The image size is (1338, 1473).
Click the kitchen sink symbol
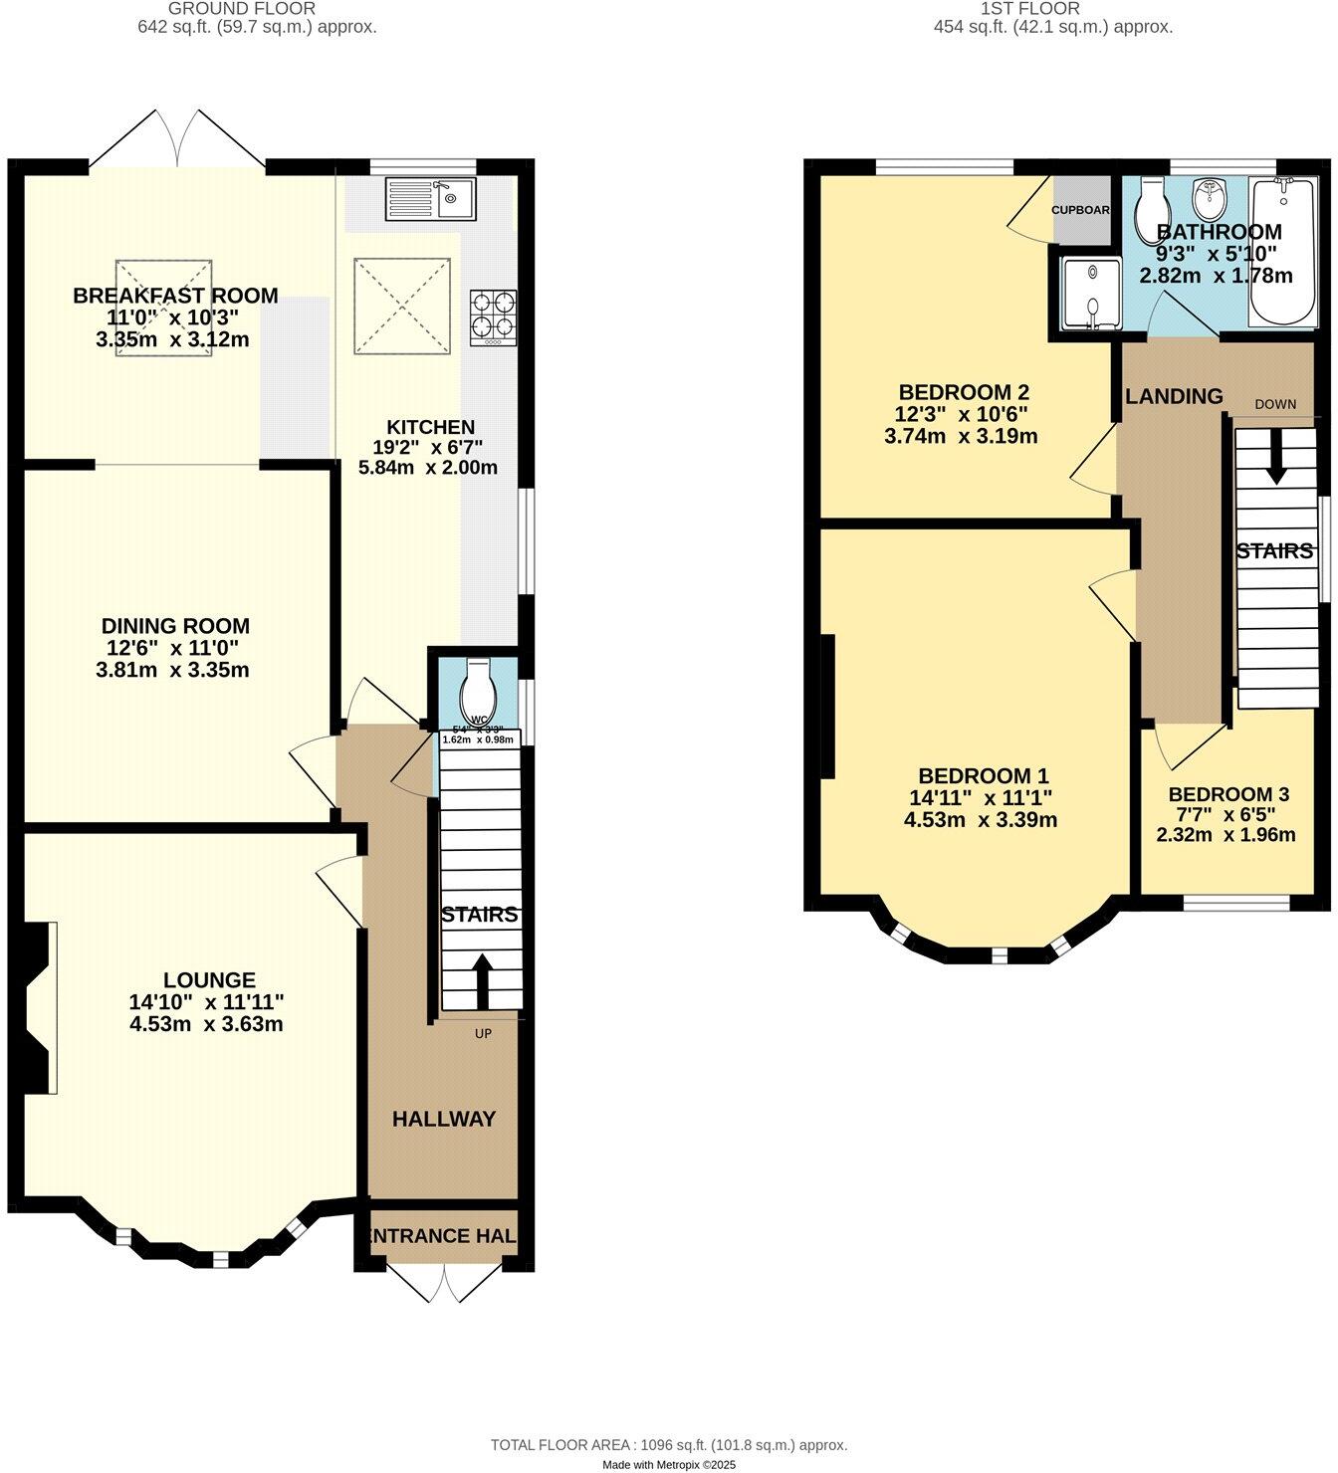[431, 198]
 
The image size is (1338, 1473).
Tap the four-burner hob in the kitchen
[494, 314]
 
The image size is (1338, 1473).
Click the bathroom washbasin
[1210, 199]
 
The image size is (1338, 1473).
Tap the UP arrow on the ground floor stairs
[482, 981]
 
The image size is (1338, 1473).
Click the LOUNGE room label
[210, 980]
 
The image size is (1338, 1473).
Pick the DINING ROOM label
[175, 626]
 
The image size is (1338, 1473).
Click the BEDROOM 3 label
[1228, 794]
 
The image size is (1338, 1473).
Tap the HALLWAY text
[443, 1119]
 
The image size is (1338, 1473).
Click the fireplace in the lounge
[40, 1007]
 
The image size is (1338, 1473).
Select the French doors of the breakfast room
[177, 137]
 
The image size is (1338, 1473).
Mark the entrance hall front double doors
[443, 1282]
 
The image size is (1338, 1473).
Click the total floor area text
[668, 1444]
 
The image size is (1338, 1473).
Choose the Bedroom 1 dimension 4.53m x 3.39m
[980, 820]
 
